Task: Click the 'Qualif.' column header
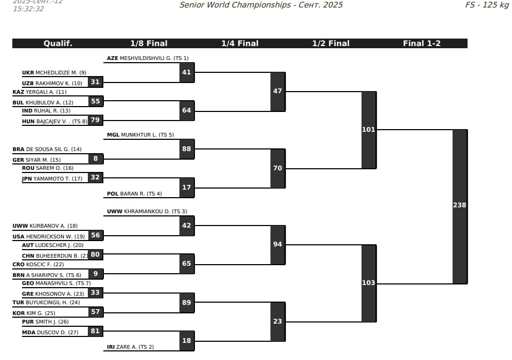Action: pos(58,43)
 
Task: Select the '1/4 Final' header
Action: pos(240,43)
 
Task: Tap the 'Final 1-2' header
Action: pos(421,43)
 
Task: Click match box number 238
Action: pos(460,206)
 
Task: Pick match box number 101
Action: pos(368,130)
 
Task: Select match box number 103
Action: pos(368,283)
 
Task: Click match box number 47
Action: pos(277,91)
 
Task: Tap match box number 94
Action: pos(277,244)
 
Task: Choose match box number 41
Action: pos(186,72)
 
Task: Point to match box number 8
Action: pos(95,159)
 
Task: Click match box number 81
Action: pos(95,331)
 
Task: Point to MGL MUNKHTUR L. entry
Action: pos(140,135)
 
